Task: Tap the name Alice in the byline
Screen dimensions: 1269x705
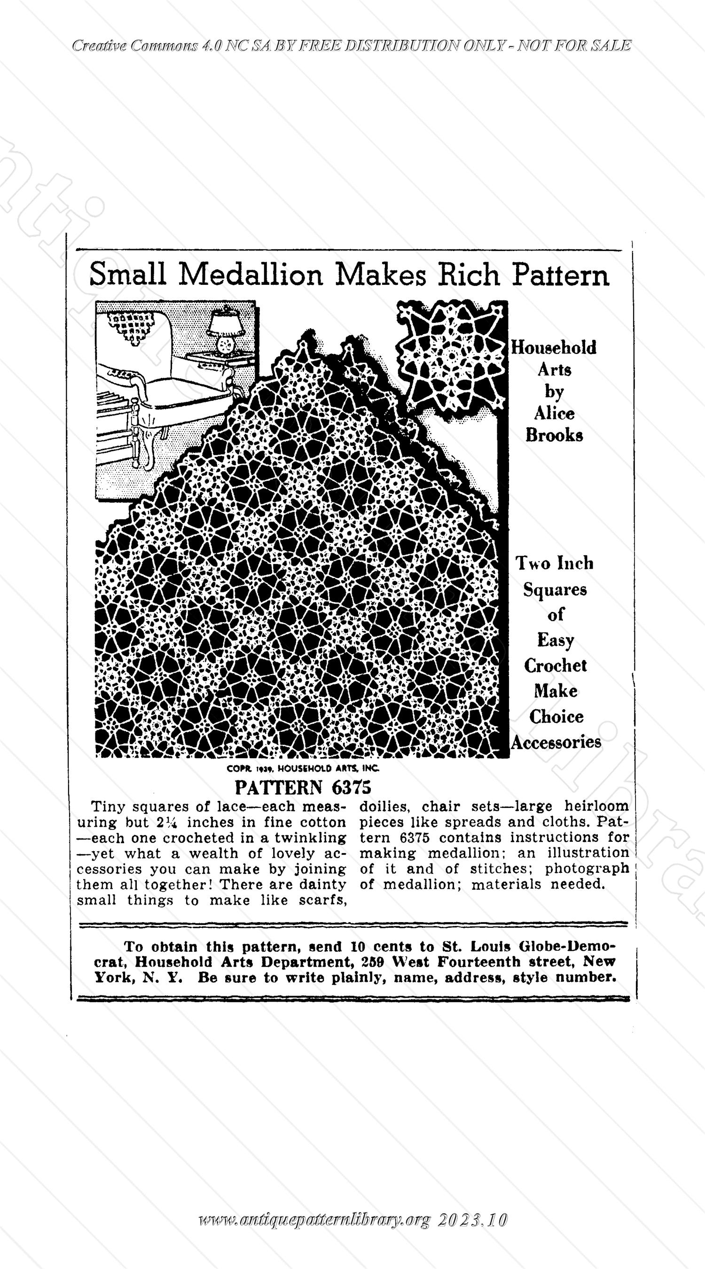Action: (554, 413)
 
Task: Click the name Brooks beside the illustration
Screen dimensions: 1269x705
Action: (554, 436)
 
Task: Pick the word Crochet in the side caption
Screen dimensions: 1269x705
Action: (555, 666)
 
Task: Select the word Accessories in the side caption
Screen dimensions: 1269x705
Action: (556, 742)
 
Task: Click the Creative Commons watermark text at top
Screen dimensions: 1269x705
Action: (351, 46)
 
